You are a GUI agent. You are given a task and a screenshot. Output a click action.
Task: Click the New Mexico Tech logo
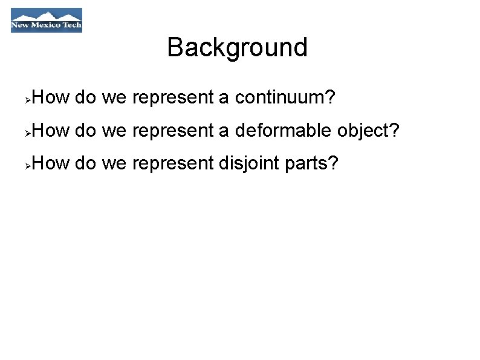46,20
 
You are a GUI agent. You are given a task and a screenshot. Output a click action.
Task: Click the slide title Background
237,47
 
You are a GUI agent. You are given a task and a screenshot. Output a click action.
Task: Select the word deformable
283,129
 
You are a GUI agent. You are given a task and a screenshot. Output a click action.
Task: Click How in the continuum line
51,97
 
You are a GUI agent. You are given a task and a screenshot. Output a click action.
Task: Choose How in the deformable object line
51,129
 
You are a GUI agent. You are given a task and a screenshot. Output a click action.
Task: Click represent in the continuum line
173,97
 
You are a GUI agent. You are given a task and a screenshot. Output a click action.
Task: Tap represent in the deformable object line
173,129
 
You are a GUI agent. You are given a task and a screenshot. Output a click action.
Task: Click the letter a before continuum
224,98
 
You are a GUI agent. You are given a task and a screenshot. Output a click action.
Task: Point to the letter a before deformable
224,131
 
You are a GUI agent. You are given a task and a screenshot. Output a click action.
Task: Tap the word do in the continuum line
85,97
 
